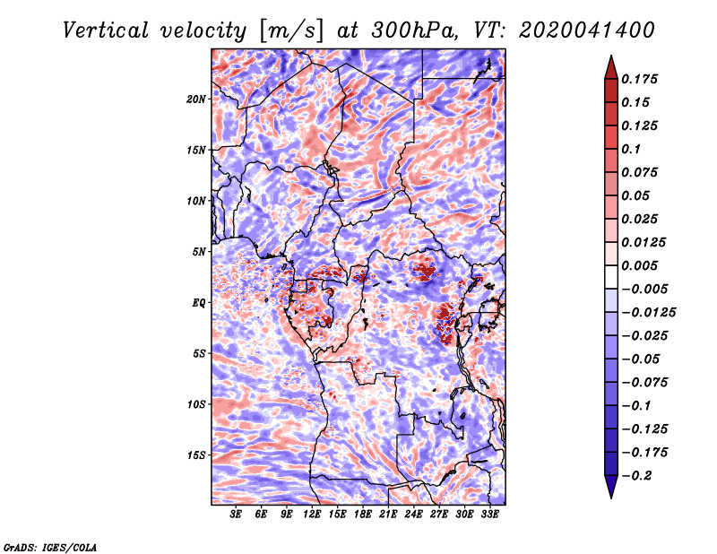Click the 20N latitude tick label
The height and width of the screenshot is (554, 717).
[195, 99]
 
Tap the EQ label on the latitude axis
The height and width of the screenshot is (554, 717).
[198, 302]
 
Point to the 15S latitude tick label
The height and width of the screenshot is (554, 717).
[195, 454]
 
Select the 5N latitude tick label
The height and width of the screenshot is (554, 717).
[198, 252]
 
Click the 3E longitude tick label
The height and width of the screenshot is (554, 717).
[236, 514]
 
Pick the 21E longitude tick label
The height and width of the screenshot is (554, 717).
[388, 514]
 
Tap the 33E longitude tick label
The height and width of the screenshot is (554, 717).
[489, 514]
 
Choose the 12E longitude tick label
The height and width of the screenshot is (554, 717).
[311, 514]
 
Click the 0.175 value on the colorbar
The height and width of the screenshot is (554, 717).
[639, 79]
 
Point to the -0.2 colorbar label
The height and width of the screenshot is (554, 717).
[636, 476]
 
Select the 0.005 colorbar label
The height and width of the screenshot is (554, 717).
[639, 265]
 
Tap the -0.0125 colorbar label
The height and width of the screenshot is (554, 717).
[648, 313]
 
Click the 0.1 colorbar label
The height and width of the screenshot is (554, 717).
[631, 149]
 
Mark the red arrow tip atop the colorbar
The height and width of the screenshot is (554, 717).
[611, 56]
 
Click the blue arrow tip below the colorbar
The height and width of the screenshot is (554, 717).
[611, 498]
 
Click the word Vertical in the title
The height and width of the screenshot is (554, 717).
[105, 30]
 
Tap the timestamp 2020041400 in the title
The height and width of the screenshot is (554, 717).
[587, 30]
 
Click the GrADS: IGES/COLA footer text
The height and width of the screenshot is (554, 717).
[50, 547]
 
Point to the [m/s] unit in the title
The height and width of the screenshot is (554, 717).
[291, 30]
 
